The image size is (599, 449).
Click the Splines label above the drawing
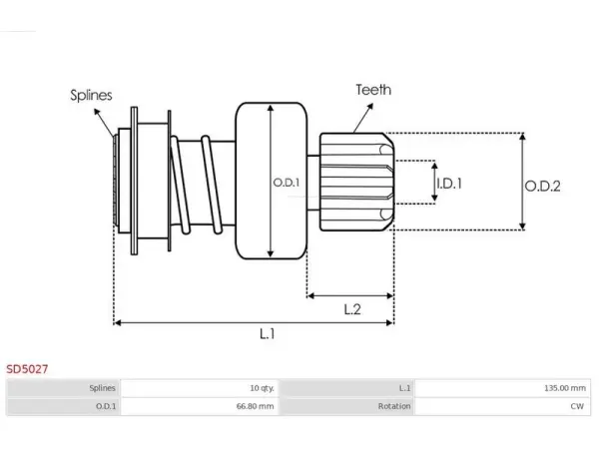pyautogui.click(x=91, y=95)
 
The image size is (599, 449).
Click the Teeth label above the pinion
pyautogui.click(x=373, y=90)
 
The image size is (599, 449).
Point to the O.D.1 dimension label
pyautogui.click(x=287, y=183)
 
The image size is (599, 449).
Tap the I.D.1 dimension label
pyautogui.click(x=449, y=184)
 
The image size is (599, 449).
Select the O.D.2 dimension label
pyautogui.click(x=542, y=187)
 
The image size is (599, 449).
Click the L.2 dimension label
pyautogui.click(x=352, y=309)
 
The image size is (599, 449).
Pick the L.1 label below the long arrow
pyautogui.click(x=267, y=334)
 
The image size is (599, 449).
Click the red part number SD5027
pyautogui.click(x=27, y=369)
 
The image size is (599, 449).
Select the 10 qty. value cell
pyautogui.click(x=200, y=388)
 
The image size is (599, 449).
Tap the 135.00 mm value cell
pyautogui.click(x=502, y=388)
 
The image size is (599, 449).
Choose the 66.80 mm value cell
pyautogui.click(x=200, y=406)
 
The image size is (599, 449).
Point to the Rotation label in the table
pyautogui.click(x=394, y=406)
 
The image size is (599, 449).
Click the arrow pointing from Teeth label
pyautogui.click(x=363, y=118)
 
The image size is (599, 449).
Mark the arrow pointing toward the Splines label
pyautogui.click(x=104, y=123)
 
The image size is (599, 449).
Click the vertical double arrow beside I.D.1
pyautogui.click(x=434, y=182)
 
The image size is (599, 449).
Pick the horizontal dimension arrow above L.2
pyautogui.click(x=350, y=295)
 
